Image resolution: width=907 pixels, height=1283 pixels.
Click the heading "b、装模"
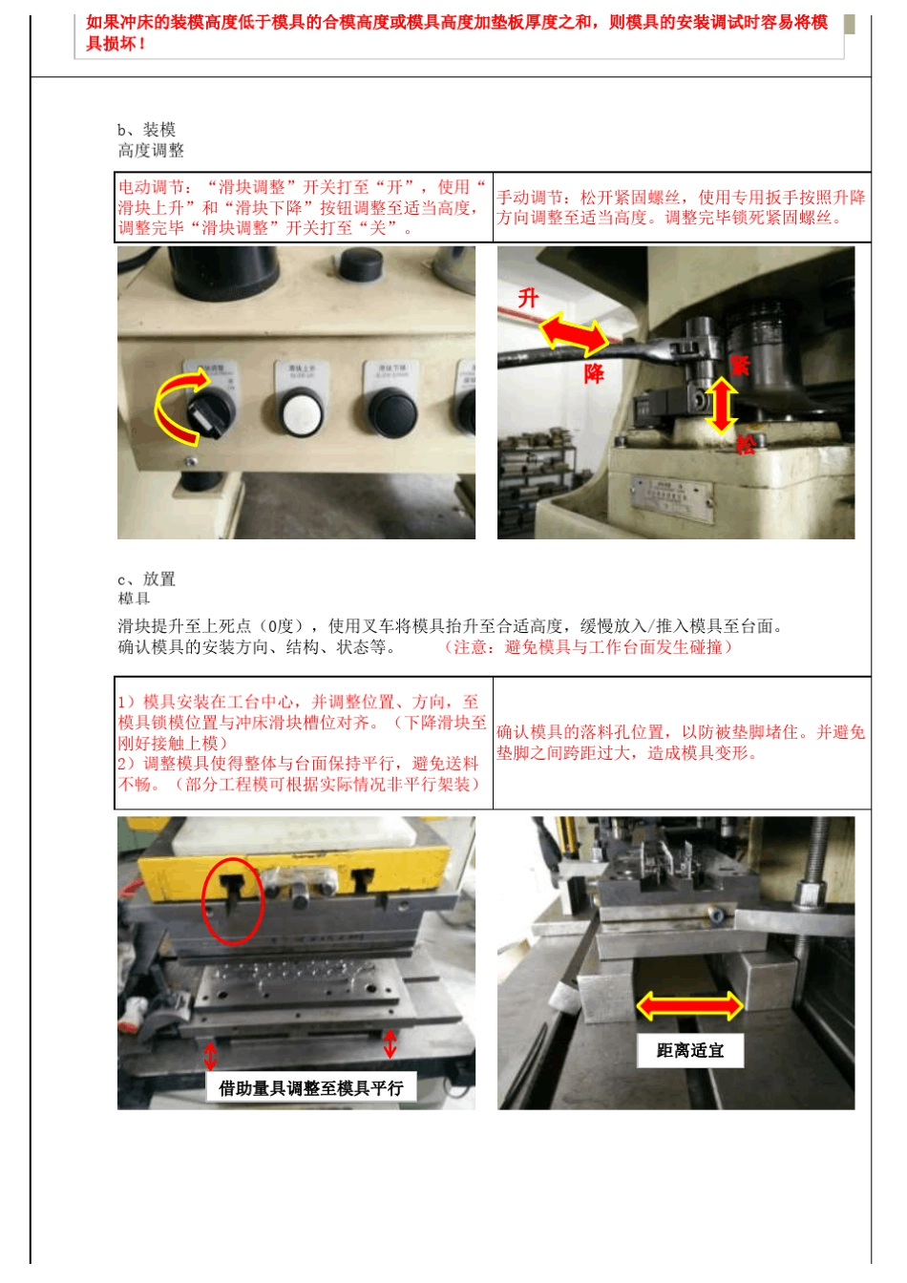click(x=146, y=130)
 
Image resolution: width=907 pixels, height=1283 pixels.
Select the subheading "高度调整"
click(x=151, y=151)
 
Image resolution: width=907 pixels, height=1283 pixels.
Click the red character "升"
click(x=529, y=298)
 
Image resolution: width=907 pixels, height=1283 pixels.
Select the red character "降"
click(x=594, y=373)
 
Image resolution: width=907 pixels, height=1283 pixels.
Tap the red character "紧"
click(x=740, y=365)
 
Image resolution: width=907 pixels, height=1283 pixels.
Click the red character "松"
click(x=746, y=444)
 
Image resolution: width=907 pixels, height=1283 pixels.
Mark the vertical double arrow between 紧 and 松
click(x=722, y=406)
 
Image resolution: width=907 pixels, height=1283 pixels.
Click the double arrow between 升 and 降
click(x=574, y=335)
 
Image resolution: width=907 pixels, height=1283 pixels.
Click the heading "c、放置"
click(x=146, y=579)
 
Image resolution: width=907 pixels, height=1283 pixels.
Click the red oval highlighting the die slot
click(x=232, y=901)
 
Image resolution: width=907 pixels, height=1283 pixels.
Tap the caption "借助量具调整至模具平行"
click(x=310, y=1088)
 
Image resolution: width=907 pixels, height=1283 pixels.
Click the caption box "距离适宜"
click(x=689, y=1051)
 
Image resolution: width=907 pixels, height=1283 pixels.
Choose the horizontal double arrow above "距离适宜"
click(x=689, y=1005)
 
